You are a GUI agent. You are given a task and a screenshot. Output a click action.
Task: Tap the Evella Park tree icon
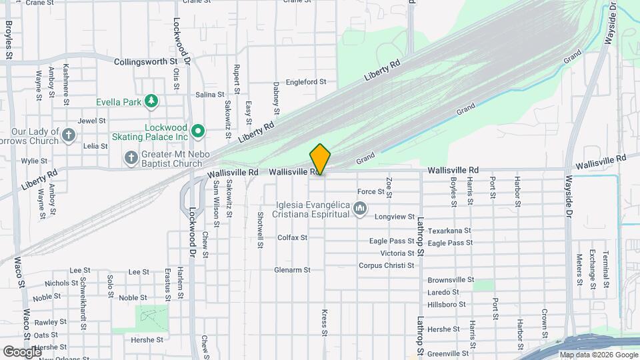pyautogui.click(x=153, y=101)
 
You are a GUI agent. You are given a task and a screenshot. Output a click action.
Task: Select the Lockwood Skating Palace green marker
pyautogui.click(x=197, y=131)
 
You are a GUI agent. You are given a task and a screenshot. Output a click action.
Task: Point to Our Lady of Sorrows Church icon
pyautogui.click(x=68, y=136)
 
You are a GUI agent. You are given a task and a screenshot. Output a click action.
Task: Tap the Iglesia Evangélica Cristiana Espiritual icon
pyautogui.click(x=360, y=209)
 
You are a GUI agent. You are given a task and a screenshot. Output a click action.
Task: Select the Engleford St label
pyautogui.click(x=305, y=82)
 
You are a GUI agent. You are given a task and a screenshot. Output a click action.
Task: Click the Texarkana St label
pyautogui.click(x=449, y=231)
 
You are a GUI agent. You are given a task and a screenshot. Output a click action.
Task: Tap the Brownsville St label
pyautogui.click(x=451, y=280)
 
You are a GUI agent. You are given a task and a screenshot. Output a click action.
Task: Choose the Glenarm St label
pyautogui.click(x=292, y=270)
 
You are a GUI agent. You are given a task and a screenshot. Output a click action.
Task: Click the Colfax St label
pyautogui.click(x=292, y=237)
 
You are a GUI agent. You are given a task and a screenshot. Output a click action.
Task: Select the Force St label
pyautogui.click(x=371, y=191)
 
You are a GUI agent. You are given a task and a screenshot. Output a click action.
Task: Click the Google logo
pyautogui.click(x=21, y=351)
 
